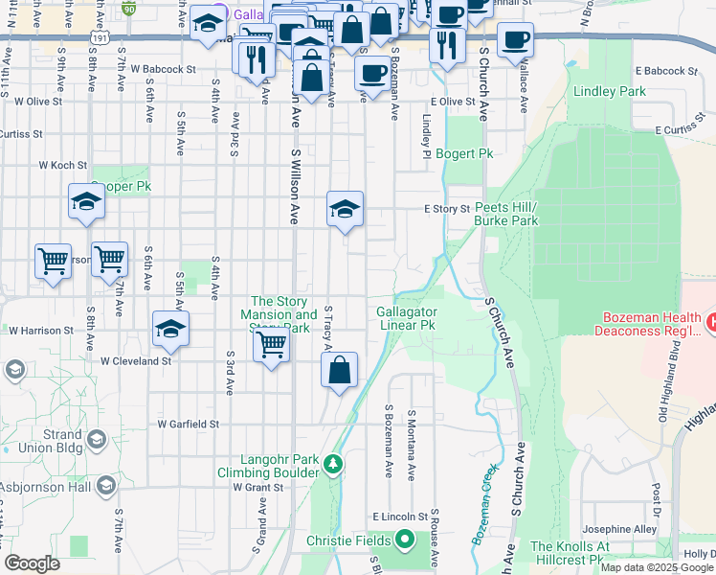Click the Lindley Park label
(609, 92)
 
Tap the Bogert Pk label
(464, 153)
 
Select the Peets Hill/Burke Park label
(506, 214)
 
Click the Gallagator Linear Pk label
(407, 318)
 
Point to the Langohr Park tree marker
(332, 465)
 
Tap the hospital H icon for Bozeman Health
(709, 324)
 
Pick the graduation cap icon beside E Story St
(345, 208)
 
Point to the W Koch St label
(63, 165)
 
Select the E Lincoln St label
(398, 517)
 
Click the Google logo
(33, 563)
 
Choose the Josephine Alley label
(618, 529)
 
